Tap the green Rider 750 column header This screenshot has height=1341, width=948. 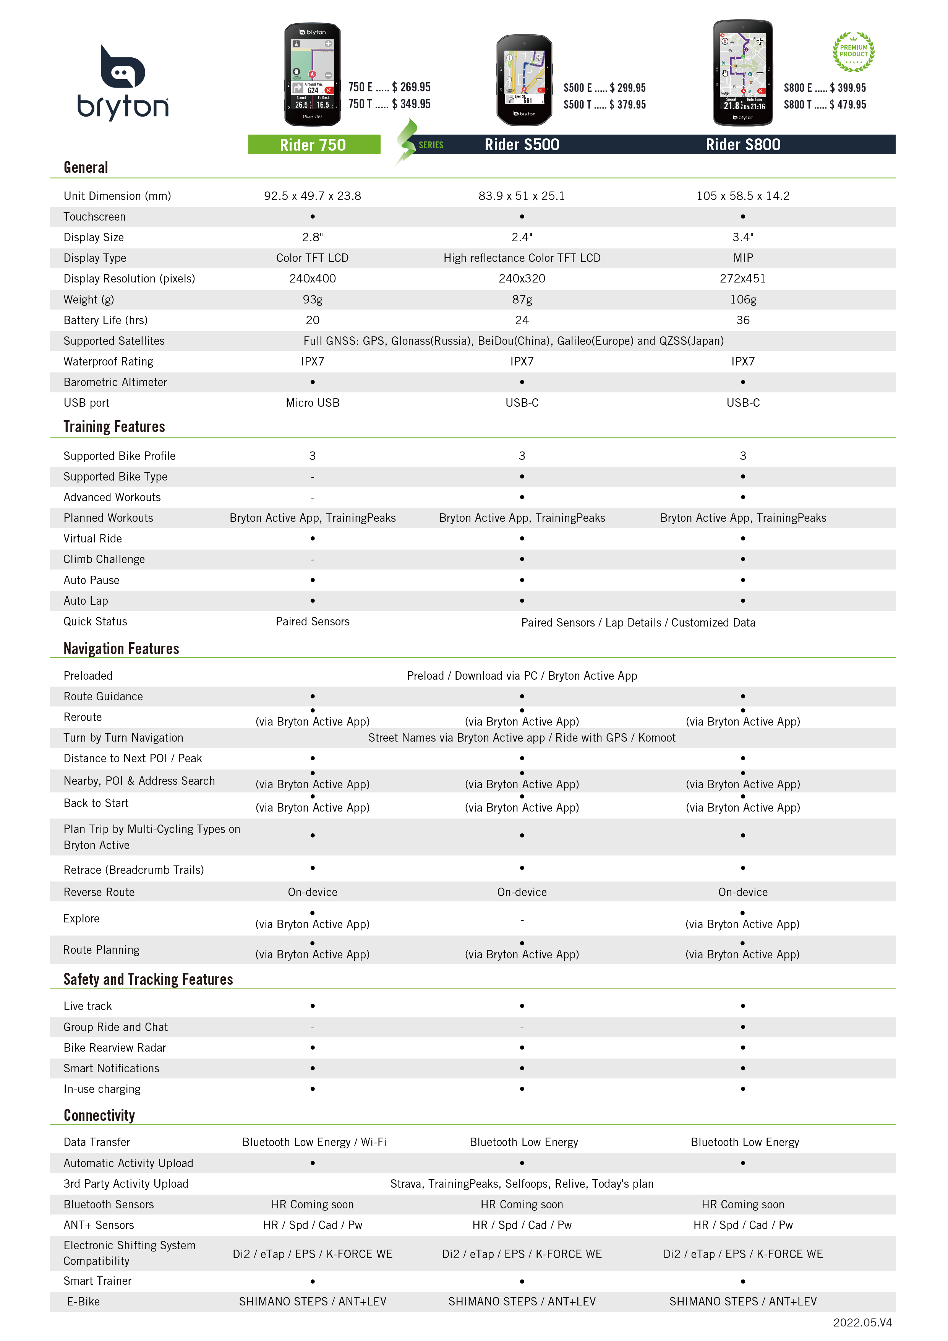point(313,144)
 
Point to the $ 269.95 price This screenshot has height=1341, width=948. point(411,87)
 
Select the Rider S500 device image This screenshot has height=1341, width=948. point(523,80)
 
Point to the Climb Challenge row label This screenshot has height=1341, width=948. point(104,559)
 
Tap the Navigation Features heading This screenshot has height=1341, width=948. point(122,648)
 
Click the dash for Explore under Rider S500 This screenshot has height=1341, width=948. point(522,920)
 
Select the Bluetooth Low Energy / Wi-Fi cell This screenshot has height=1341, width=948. point(314,1142)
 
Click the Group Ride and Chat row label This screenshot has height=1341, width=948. point(115,1027)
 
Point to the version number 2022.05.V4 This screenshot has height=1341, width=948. point(862,1322)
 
